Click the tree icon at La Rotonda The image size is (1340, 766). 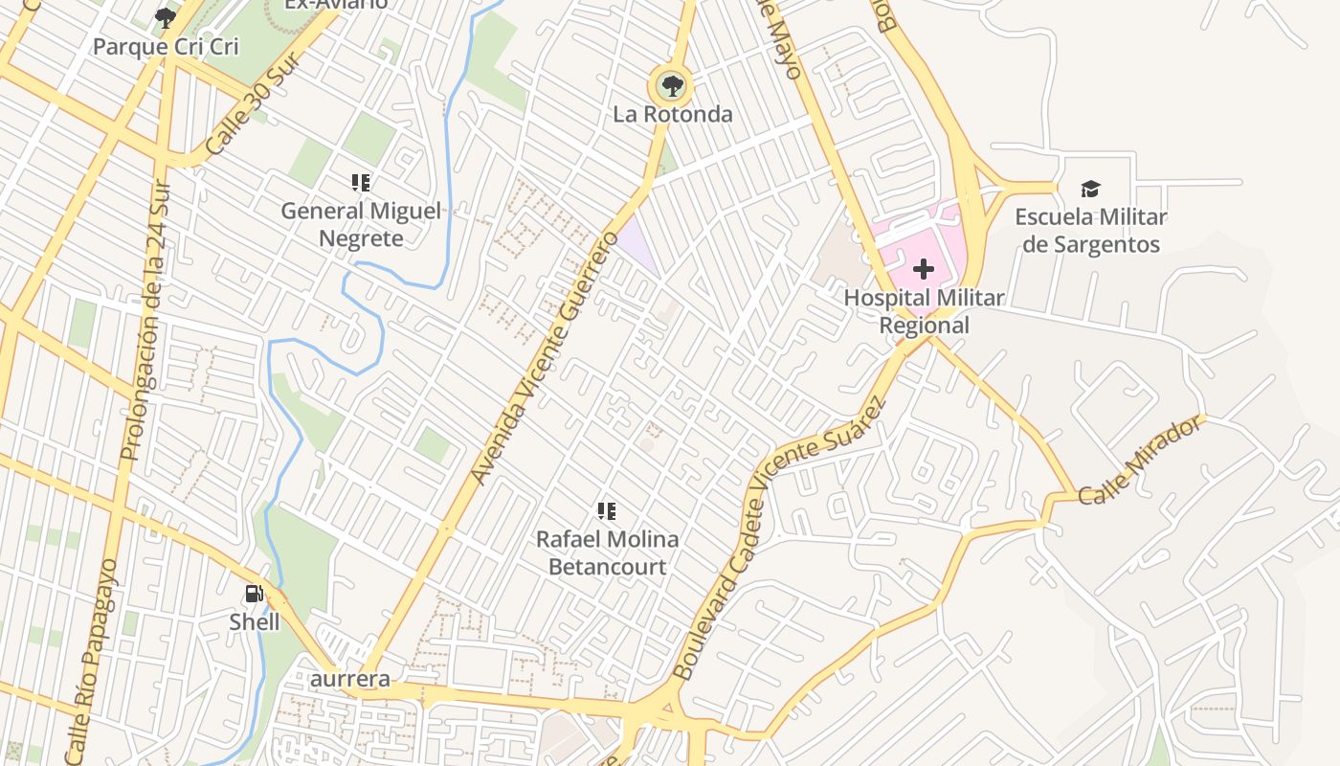pyautogui.click(x=673, y=86)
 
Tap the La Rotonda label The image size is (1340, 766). pyautogui.click(x=673, y=115)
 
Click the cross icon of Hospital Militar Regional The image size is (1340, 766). pyautogui.click(x=924, y=269)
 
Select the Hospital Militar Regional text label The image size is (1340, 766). pyautogui.click(x=924, y=311)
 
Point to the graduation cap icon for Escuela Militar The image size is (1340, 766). pyautogui.click(x=1090, y=189)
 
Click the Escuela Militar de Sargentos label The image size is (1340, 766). pyautogui.click(x=1090, y=231)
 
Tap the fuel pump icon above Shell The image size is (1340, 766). pyautogui.click(x=254, y=594)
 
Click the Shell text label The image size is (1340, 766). pyautogui.click(x=255, y=622)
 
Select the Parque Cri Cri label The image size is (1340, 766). pyautogui.click(x=166, y=46)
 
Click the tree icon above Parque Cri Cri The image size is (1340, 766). pyautogui.click(x=166, y=17)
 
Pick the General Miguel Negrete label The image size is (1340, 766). pyautogui.click(x=361, y=224)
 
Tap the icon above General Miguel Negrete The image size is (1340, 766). pyautogui.click(x=361, y=182)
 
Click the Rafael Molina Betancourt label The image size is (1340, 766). pyautogui.click(x=607, y=552)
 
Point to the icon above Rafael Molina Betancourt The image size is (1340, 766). pyautogui.click(x=606, y=511)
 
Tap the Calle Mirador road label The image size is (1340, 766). pyautogui.click(x=1139, y=461)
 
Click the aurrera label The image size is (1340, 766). pyautogui.click(x=351, y=679)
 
